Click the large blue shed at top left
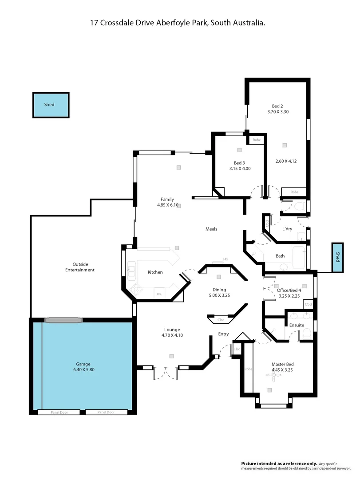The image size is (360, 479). point(51,105)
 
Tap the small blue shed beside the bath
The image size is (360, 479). point(337,258)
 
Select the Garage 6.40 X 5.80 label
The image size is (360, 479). point(83,367)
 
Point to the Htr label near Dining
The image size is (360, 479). point(225,259)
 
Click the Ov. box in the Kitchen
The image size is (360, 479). point(158,294)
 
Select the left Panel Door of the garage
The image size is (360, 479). point(59,412)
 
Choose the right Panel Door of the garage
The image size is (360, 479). point(106,412)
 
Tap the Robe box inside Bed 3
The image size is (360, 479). point(257,140)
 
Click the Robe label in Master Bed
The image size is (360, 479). point(248,369)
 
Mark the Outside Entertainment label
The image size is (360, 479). point(80,267)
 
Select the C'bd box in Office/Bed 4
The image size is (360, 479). point(309,305)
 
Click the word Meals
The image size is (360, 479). point(211,229)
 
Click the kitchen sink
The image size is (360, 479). point(131,269)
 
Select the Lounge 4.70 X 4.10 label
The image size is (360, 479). point(173,332)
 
